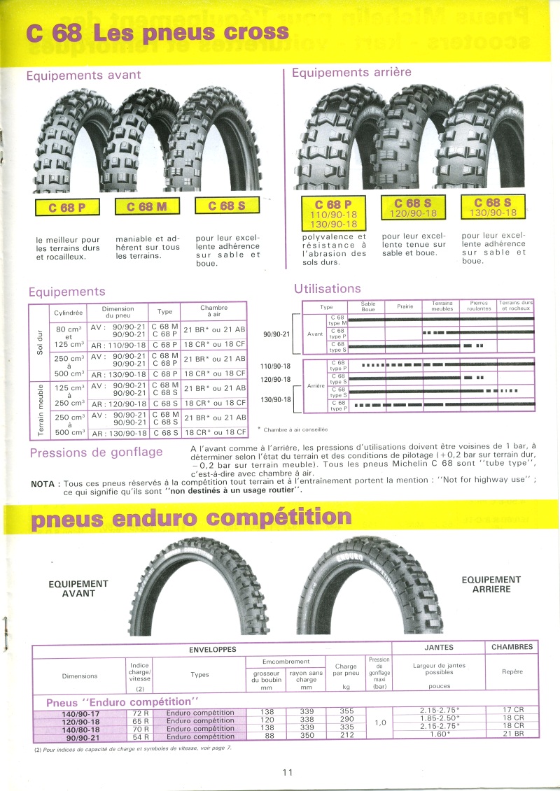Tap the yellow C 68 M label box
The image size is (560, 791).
tap(147, 206)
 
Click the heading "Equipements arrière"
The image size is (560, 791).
tap(351, 72)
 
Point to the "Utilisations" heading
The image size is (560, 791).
tap(328, 288)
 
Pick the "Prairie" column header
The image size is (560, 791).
tap(405, 306)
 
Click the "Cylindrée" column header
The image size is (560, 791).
tap(69, 312)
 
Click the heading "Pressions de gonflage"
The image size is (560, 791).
tap(96, 452)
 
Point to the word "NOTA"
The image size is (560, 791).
tap(44, 483)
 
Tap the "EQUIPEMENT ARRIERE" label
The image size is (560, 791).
tap(491, 585)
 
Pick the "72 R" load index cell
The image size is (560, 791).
tap(140, 712)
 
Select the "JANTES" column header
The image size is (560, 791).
tap(439, 647)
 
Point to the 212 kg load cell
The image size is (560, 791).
tap(346, 736)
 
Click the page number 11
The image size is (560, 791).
tap(287, 772)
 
